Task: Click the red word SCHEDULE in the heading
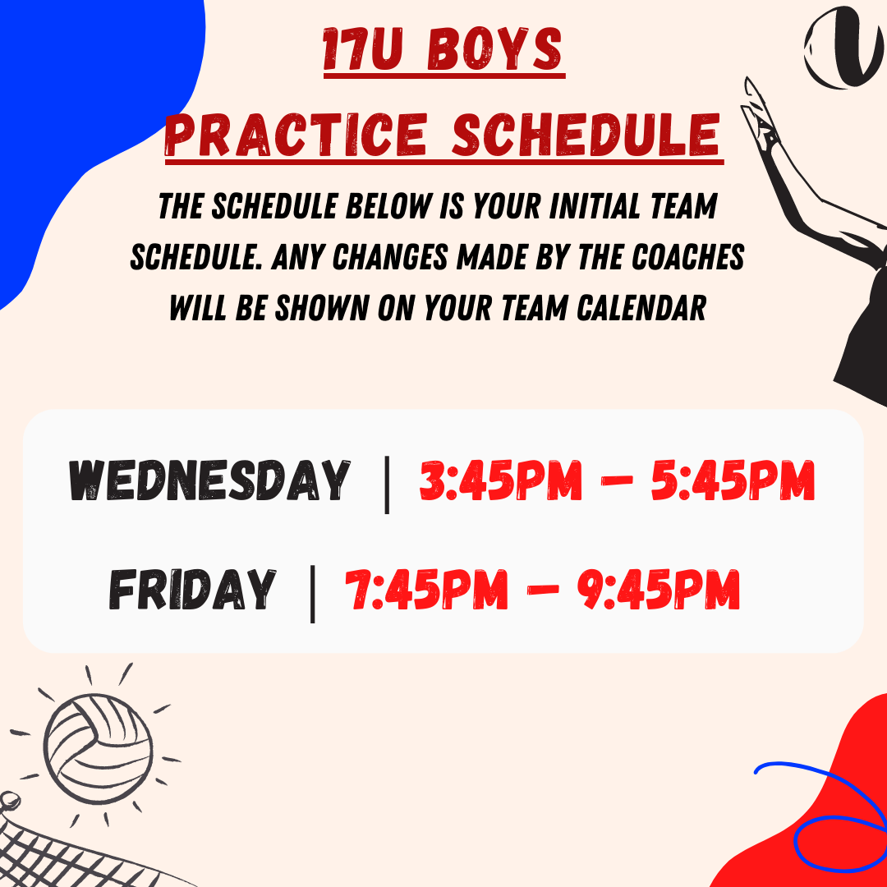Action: [x=586, y=134]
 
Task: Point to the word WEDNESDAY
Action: [x=209, y=480]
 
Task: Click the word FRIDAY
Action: [x=192, y=589]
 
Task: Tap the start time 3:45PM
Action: [x=501, y=480]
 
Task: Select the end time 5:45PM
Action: [x=733, y=480]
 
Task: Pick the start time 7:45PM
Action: [x=426, y=590]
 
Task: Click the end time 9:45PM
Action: [x=659, y=590]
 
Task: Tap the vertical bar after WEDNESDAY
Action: [x=387, y=485]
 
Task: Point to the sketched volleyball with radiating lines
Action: [x=98, y=748]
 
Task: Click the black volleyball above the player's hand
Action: [x=845, y=48]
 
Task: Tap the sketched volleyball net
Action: [x=68, y=848]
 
